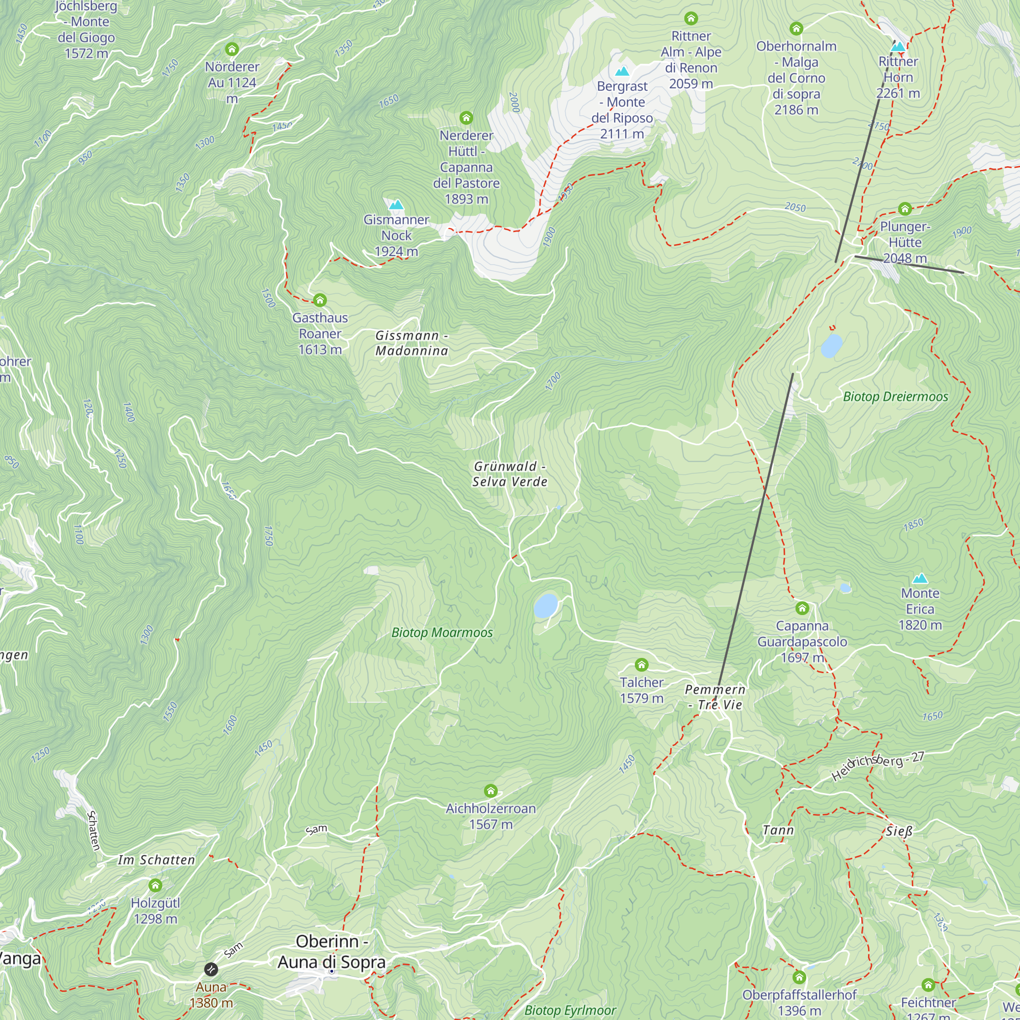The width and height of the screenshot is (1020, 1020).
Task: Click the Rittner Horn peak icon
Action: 898,47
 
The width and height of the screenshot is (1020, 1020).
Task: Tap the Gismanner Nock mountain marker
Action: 396,205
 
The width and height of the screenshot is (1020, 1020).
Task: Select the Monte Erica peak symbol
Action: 920,578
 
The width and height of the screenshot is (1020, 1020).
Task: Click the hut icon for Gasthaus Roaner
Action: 319,300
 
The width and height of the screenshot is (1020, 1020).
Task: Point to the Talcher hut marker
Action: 641,665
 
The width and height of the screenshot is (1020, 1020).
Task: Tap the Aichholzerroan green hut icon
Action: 491,791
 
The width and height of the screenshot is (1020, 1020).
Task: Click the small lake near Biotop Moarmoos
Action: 545,605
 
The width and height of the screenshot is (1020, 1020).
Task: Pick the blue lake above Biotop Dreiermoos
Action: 831,346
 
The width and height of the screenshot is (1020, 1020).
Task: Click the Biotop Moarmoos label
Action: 442,632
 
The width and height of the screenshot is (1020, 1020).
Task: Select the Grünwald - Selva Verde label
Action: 509,474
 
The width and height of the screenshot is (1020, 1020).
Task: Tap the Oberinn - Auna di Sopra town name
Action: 331,951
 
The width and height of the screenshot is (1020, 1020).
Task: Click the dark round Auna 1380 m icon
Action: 211,970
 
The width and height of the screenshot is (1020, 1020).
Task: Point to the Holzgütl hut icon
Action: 155,885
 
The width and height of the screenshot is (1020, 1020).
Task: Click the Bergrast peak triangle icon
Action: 622,71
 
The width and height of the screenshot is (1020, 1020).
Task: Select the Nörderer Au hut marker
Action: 232,49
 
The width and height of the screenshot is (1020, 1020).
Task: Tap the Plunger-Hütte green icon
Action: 905,209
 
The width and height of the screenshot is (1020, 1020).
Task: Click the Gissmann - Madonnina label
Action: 412,343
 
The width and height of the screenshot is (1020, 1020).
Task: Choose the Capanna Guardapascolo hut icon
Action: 802,608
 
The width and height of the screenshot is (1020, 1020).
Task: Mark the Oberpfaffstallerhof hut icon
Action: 799,977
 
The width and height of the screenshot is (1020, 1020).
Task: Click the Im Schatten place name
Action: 156,860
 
